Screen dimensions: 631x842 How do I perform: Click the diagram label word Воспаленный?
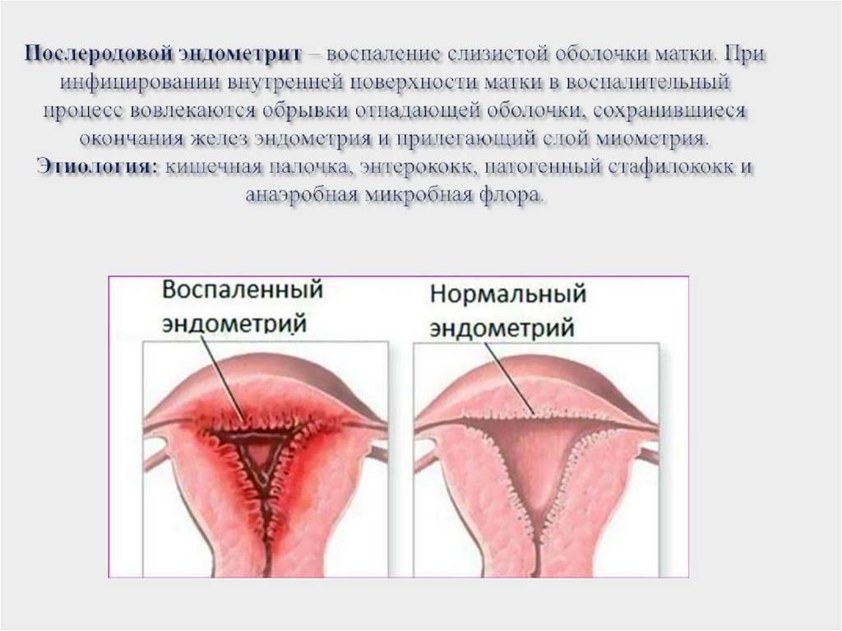point(242,291)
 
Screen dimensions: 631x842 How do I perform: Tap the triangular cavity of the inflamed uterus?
point(258,453)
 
